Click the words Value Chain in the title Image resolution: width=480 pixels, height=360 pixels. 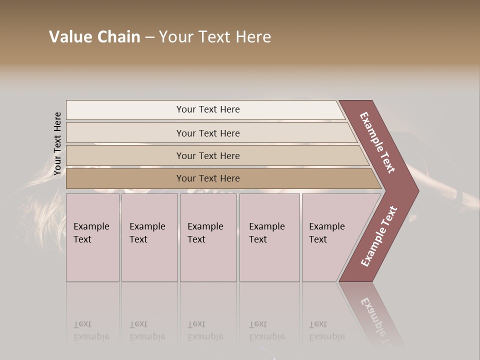pyautogui.click(x=94, y=37)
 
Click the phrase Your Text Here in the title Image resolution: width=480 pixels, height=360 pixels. pyautogui.click(x=215, y=37)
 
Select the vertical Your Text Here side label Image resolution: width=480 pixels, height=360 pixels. pyautogui.click(x=57, y=143)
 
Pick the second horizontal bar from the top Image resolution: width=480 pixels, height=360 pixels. pyautogui.click(x=207, y=133)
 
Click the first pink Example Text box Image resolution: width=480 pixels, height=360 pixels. pyautogui.click(x=92, y=237)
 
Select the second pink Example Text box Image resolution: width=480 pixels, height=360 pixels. pyautogui.click(x=149, y=237)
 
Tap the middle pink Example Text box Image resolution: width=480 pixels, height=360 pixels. pyautogui.click(x=207, y=237)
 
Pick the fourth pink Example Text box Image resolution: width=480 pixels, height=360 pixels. pyautogui.click(x=269, y=237)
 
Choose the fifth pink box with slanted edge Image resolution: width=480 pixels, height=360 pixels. pyautogui.click(x=330, y=237)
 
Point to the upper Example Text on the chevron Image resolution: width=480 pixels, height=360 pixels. pyautogui.click(x=377, y=142)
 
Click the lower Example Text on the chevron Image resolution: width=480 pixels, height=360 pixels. pyautogui.click(x=379, y=236)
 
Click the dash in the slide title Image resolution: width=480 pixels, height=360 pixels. pyautogui.click(x=149, y=37)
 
